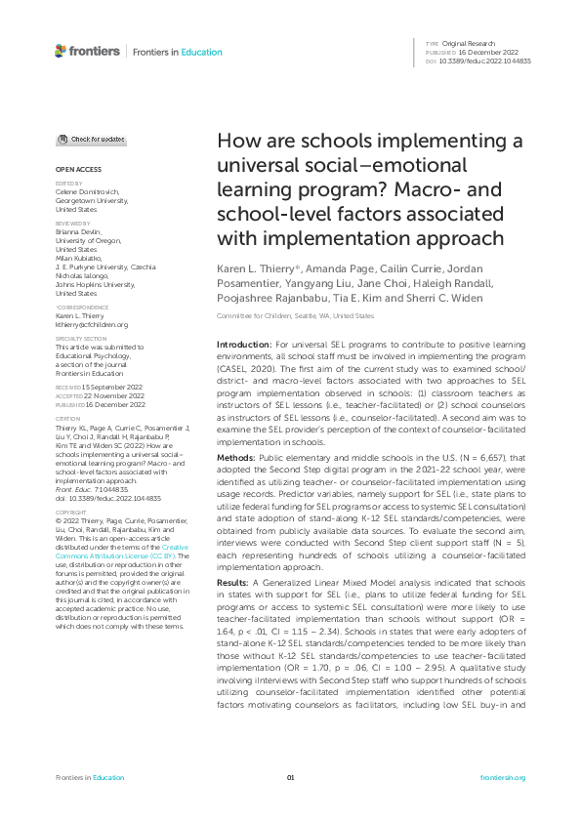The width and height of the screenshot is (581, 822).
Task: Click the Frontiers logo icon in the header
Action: (62, 51)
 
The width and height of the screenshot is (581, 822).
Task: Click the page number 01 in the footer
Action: (290, 777)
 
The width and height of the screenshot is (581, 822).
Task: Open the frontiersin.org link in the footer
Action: (503, 777)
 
